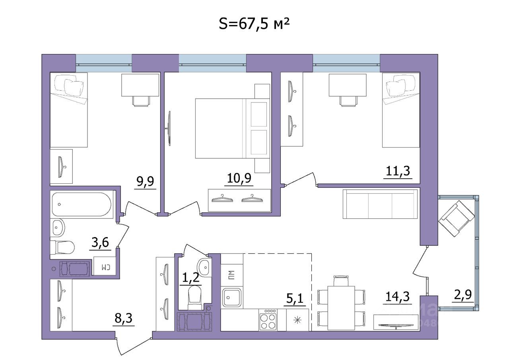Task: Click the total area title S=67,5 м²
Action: pyautogui.click(x=254, y=24)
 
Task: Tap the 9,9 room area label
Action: pyautogui.click(x=144, y=182)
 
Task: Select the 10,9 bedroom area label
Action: pyautogui.click(x=239, y=179)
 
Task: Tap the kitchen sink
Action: pyautogui.click(x=232, y=297)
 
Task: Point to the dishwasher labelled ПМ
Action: pyautogui.click(x=231, y=274)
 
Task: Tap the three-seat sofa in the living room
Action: pyautogui.click(x=380, y=204)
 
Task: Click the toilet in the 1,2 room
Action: pyautogui.click(x=195, y=296)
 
